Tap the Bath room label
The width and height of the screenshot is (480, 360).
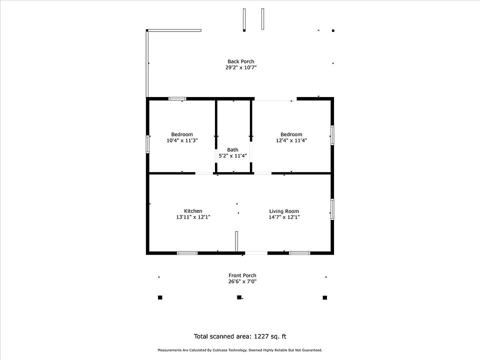click(x=232, y=149)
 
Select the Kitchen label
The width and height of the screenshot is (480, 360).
click(x=193, y=211)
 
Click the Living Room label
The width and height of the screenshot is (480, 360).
click(x=284, y=211)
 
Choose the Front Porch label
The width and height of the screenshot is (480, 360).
click(x=242, y=275)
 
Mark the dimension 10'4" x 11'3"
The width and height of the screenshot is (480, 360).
click(x=182, y=140)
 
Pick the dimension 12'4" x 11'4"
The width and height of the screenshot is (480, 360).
click(x=291, y=140)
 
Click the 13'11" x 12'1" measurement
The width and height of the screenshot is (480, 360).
click(x=193, y=217)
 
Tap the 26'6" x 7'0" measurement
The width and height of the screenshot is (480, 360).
click(x=242, y=281)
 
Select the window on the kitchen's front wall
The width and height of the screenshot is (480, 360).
click(x=187, y=253)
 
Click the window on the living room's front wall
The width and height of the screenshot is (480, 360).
click(x=299, y=253)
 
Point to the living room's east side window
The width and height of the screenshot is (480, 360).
click(x=332, y=209)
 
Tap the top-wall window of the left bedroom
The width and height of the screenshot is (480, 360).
click(x=177, y=98)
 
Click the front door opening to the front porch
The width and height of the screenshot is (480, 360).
click(x=256, y=253)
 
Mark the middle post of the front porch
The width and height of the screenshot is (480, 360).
click(x=239, y=297)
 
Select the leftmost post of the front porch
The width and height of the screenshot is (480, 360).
click(x=160, y=297)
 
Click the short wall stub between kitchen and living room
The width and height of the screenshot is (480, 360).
click(x=236, y=241)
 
